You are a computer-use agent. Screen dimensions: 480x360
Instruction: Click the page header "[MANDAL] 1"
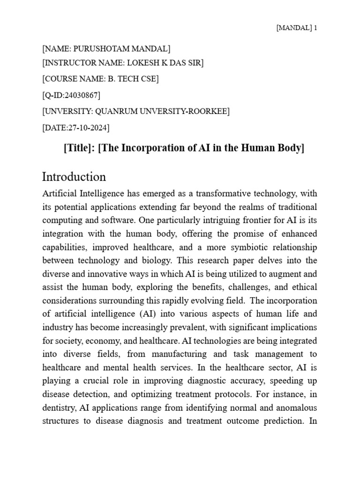(297, 28)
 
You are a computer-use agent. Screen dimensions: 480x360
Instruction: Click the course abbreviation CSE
(150, 79)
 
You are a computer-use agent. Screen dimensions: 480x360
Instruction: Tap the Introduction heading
(74, 177)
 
